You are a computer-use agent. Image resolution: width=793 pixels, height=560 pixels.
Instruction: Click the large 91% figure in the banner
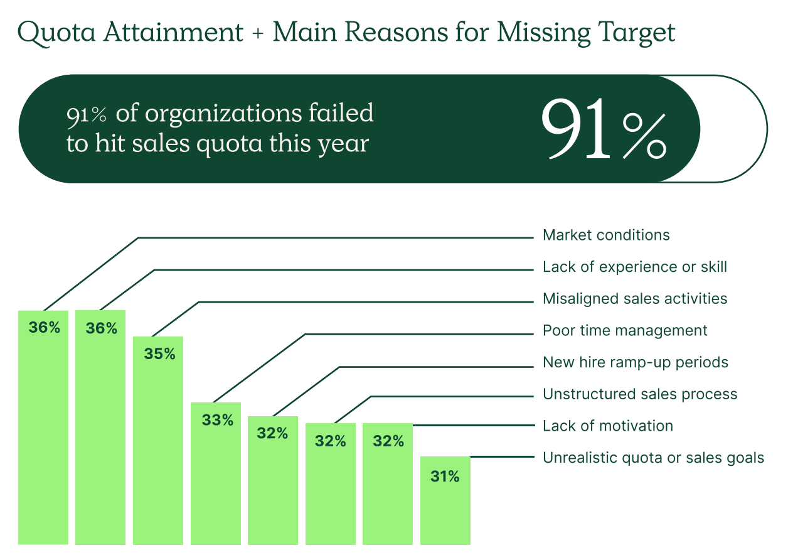point(603,129)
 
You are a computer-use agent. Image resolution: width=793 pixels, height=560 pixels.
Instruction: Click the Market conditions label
point(606,235)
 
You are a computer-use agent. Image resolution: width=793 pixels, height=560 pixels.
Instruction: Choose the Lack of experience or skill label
point(634,267)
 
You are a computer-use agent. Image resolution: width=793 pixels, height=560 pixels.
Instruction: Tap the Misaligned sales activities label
point(635,299)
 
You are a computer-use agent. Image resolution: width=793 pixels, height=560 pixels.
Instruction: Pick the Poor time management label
point(625,331)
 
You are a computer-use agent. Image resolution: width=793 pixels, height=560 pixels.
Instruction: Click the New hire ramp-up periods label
point(635,363)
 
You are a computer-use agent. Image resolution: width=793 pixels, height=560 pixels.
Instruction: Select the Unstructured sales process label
point(640,394)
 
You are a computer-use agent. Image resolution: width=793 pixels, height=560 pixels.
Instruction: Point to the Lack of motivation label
point(607,426)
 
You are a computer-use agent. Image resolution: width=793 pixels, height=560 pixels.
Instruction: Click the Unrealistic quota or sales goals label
point(653,458)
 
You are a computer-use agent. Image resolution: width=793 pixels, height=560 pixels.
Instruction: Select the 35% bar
point(158,439)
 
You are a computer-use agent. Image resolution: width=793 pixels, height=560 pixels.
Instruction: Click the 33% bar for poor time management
point(216,477)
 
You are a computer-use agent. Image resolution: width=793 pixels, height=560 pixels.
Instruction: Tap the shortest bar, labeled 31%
point(445,502)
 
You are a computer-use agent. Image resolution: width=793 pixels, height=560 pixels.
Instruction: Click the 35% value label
point(159,354)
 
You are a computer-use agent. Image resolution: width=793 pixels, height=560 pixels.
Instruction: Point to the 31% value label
point(445,477)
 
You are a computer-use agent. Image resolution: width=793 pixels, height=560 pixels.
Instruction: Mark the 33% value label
point(217,420)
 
